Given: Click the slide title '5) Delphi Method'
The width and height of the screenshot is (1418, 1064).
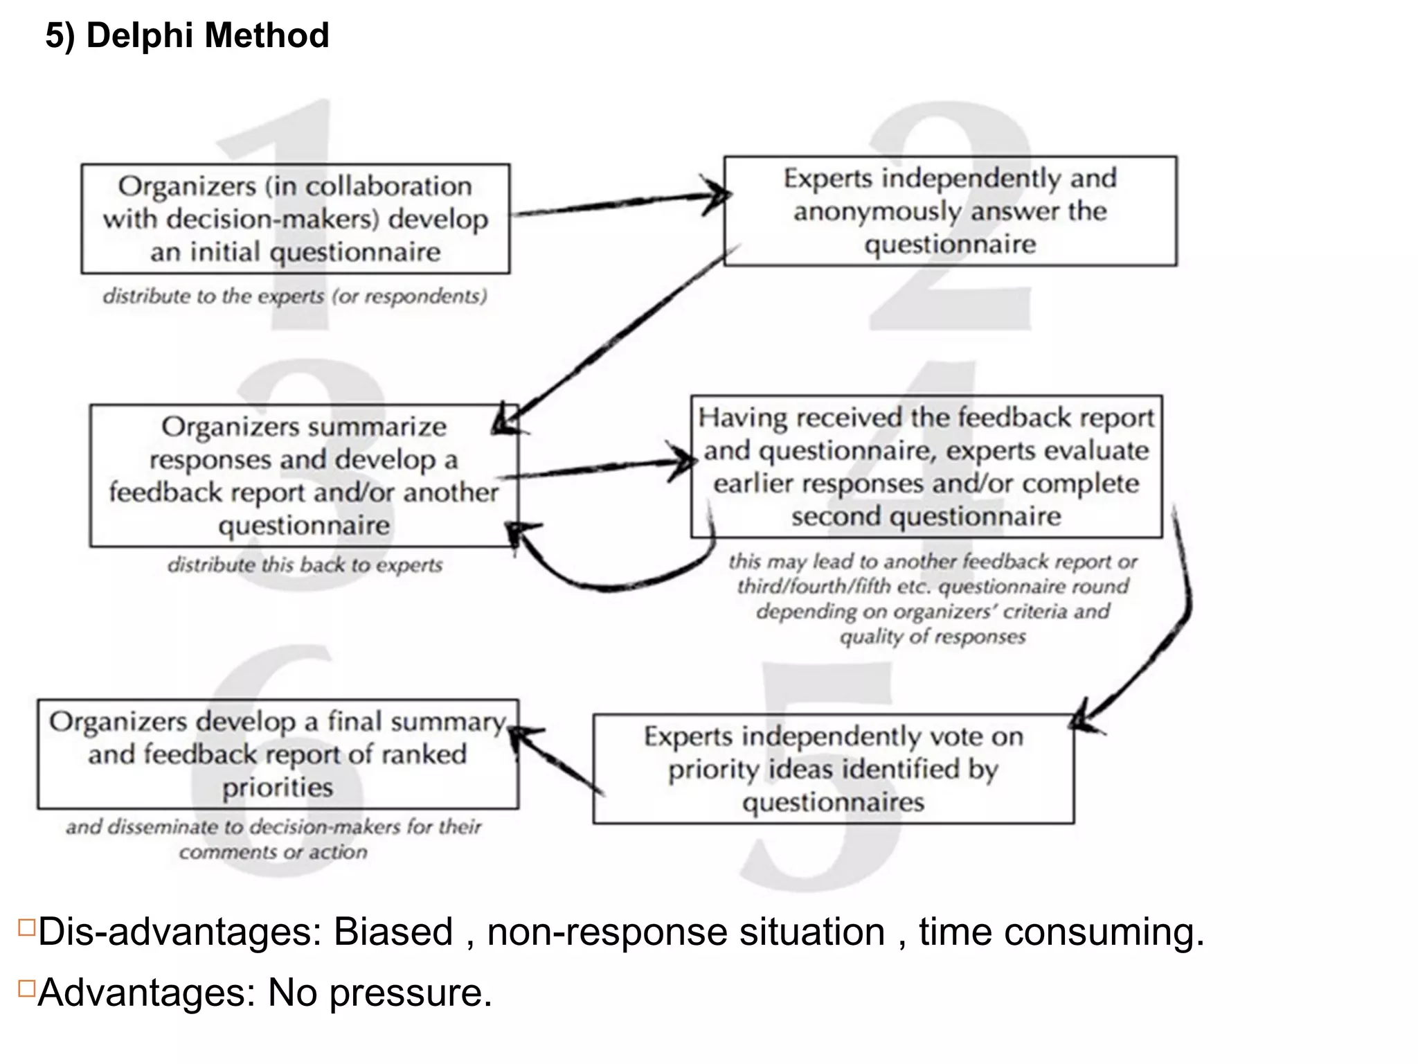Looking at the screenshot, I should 187,35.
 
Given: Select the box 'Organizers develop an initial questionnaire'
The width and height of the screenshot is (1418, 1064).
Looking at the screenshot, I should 296,219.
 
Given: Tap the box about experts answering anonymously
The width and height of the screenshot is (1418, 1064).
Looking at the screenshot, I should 950,211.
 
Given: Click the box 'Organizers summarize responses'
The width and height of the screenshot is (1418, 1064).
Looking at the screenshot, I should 303,475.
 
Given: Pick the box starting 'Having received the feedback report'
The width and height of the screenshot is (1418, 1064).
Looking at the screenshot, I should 926,466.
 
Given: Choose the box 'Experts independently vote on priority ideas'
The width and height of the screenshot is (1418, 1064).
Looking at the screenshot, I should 833,769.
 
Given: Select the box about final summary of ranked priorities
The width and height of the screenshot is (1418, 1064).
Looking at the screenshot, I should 278,754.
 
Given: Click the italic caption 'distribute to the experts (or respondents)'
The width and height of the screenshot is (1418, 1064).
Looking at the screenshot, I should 295,296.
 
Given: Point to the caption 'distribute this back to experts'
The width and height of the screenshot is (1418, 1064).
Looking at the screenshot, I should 305,565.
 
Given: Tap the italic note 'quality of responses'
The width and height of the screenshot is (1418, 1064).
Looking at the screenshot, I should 932,637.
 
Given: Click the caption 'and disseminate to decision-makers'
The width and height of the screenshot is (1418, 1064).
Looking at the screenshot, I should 273,827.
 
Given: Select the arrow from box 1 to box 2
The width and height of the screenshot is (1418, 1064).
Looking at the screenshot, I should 616,204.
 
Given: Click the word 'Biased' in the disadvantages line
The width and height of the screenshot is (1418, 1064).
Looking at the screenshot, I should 393,932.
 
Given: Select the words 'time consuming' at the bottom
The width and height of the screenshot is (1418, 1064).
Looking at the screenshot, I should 1059,932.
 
